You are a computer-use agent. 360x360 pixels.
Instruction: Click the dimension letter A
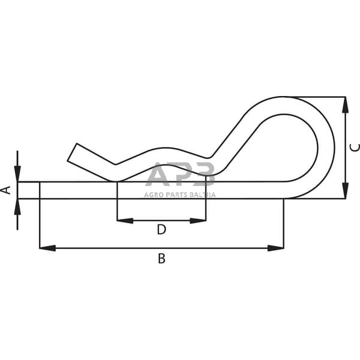pos(7,190)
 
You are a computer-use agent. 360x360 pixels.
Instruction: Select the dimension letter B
pos(161,259)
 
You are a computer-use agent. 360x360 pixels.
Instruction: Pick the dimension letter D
pos(161,229)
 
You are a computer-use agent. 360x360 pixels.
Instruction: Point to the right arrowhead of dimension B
pos(276,247)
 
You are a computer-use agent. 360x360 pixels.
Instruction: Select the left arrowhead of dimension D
pos(124,220)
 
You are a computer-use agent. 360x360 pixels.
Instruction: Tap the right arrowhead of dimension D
pos(199,220)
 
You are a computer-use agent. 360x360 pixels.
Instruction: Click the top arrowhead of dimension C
pos(345,104)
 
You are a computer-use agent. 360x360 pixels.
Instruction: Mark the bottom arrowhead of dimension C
pos(345,191)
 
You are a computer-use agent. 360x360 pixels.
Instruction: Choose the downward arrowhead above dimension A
pos(17,175)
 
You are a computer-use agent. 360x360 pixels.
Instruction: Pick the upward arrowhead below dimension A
pos(17,206)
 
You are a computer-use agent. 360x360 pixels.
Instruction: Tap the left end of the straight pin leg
pos(19,190)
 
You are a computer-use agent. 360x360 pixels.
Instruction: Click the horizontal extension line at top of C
pos(318,97)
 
